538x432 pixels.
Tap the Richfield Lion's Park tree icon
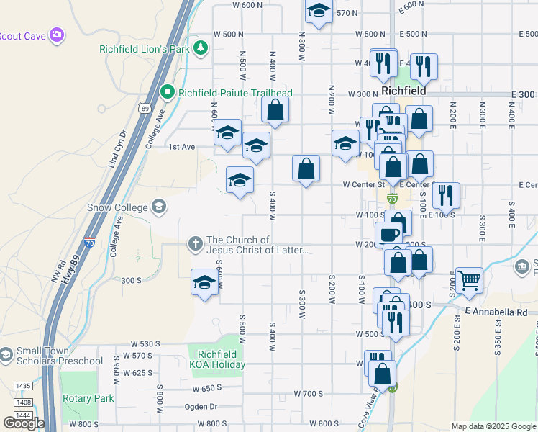click(202, 49)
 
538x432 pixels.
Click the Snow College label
click(116, 207)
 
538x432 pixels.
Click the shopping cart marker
click(470, 279)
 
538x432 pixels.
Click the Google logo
click(24, 423)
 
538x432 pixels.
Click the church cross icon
click(195, 243)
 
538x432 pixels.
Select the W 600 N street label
click(248, 5)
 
